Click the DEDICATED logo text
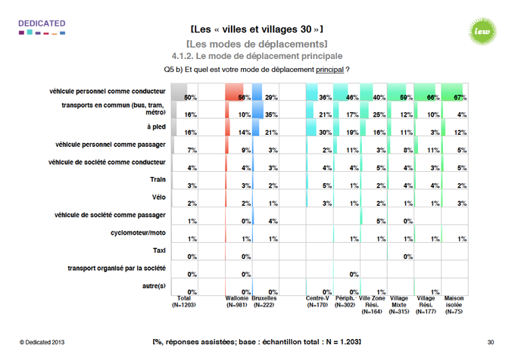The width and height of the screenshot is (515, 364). [x=41, y=23]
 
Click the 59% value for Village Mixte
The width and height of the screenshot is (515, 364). [x=405, y=98]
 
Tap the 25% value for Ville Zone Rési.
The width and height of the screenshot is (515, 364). [x=380, y=115]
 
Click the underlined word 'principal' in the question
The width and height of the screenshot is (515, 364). [x=329, y=70]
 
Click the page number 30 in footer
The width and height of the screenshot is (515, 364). [x=491, y=344]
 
